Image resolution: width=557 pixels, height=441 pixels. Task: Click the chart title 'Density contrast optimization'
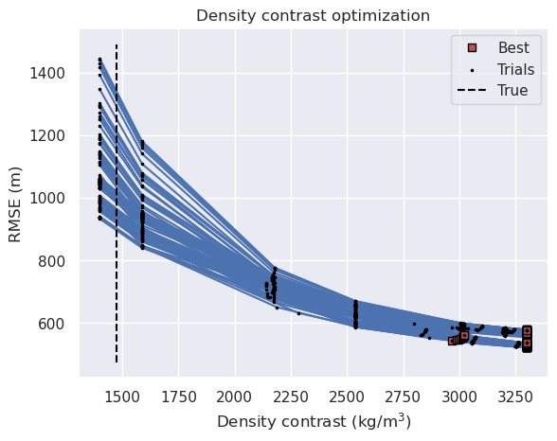(313, 15)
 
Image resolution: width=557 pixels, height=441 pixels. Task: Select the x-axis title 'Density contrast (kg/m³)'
(314, 421)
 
